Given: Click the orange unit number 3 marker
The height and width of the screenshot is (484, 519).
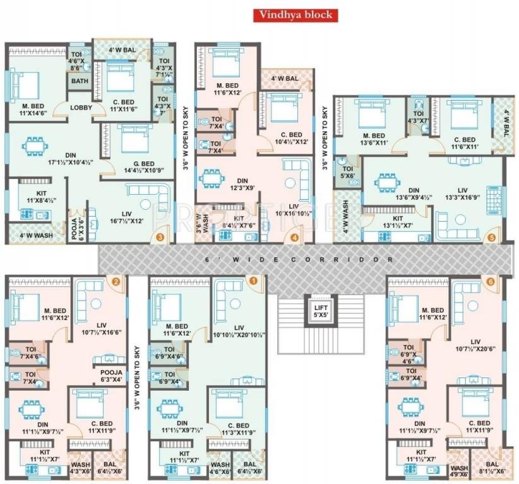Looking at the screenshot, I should click(x=160, y=237).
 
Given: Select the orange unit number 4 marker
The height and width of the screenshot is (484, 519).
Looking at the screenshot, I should click(x=294, y=237).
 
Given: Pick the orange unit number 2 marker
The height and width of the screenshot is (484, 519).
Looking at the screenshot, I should click(x=116, y=281).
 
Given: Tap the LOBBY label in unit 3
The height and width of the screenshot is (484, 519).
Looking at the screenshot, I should click(x=81, y=108).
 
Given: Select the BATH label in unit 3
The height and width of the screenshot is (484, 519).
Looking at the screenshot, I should click(x=80, y=81).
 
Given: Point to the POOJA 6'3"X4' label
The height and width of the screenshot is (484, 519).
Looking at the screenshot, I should click(x=111, y=376).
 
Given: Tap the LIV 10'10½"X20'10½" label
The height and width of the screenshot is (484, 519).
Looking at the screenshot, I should click(x=239, y=331).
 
